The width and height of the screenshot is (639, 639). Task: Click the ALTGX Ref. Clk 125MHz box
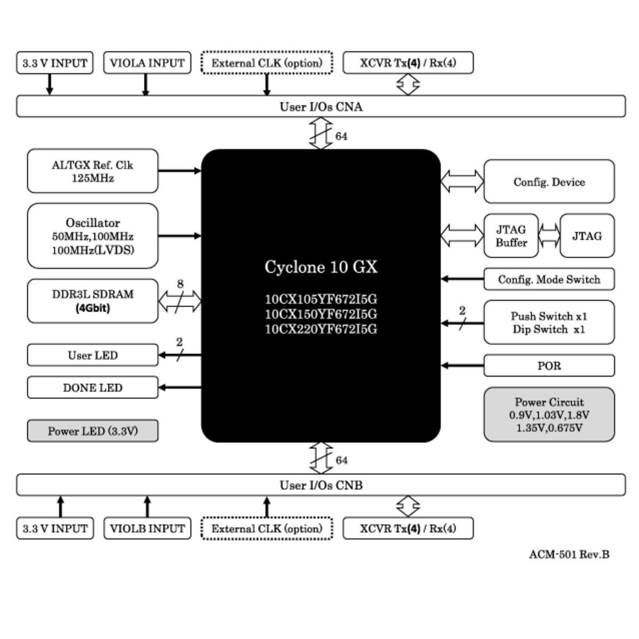point(93,171)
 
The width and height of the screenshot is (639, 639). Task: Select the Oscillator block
point(93,236)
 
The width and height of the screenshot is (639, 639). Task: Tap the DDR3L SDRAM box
point(93,301)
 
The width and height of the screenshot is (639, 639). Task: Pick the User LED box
point(93,355)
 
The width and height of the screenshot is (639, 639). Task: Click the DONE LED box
point(93,388)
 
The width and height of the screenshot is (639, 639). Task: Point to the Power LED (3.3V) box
point(93,431)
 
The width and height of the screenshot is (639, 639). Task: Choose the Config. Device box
point(549,182)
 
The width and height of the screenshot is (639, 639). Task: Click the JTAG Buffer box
point(511,236)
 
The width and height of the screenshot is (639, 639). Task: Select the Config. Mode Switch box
point(549,279)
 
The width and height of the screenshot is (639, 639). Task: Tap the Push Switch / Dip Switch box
point(549,323)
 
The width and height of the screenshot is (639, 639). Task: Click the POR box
point(549,366)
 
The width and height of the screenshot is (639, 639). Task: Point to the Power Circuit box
point(549,415)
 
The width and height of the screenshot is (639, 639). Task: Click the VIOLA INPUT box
point(147,63)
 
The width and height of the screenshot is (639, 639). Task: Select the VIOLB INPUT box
point(147,528)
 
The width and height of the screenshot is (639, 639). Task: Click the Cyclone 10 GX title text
point(321,267)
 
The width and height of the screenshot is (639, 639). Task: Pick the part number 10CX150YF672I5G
point(321,314)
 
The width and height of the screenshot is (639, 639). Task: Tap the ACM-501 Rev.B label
point(569,554)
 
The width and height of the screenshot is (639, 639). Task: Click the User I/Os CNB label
point(321,485)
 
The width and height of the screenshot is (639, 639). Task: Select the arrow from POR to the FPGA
point(462,366)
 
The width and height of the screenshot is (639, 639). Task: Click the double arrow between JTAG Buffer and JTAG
point(550,236)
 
